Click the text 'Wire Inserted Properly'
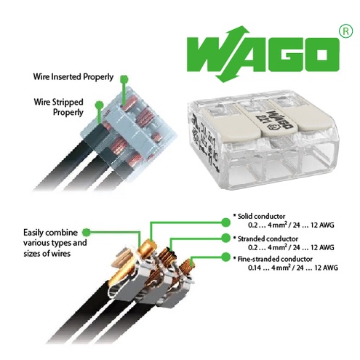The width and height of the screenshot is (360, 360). click(x=73, y=77)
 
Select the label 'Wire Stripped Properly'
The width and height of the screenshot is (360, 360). click(x=59, y=107)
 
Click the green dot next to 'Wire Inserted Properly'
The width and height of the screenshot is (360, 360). click(x=124, y=79)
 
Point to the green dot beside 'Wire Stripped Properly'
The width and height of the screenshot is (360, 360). click(x=100, y=105)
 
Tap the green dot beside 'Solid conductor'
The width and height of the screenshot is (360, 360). click(x=226, y=222)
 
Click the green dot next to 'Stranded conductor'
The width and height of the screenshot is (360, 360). click(x=226, y=238)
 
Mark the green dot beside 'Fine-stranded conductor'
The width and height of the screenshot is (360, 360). click(x=226, y=257)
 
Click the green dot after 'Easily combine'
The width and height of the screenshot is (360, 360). click(x=87, y=232)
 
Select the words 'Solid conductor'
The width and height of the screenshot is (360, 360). click(x=261, y=216)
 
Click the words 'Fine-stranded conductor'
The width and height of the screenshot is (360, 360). click(x=275, y=259)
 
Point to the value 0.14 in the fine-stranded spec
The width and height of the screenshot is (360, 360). click(x=254, y=268)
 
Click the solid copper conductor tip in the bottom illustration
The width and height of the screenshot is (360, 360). click(x=148, y=247)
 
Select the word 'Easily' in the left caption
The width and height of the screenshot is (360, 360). click(x=33, y=233)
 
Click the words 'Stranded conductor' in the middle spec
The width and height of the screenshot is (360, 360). click(x=268, y=239)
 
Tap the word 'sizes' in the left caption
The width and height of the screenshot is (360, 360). click(x=33, y=254)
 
